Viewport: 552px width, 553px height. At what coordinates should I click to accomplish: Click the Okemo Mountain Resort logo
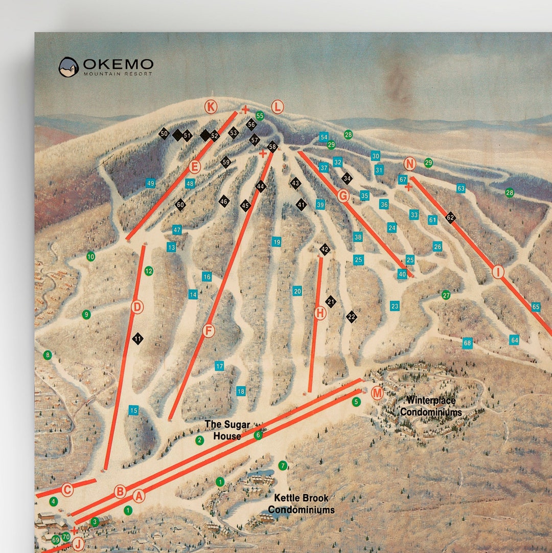(x=106, y=67)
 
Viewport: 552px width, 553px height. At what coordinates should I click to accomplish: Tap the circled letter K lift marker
(x=211, y=106)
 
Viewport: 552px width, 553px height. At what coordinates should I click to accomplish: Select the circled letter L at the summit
(x=277, y=107)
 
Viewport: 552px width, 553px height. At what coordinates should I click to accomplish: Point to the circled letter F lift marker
(x=209, y=330)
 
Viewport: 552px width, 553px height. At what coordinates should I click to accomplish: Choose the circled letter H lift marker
(x=320, y=313)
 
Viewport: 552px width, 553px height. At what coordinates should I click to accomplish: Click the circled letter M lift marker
(x=377, y=393)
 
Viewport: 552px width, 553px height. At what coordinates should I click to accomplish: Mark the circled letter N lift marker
(x=409, y=164)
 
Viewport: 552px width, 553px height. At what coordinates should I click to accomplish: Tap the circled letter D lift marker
(x=137, y=307)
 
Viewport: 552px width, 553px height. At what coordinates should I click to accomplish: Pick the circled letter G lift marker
(x=343, y=195)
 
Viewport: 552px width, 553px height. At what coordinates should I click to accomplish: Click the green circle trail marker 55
(x=260, y=116)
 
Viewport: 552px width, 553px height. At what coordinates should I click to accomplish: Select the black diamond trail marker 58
(x=272, y=147)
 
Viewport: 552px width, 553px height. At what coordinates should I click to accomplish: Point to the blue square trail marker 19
(x=277, y=241)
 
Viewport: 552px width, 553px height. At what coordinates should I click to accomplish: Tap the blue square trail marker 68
(x=467, y=343)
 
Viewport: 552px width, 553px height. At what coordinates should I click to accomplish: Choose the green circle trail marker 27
(x=446, y=295)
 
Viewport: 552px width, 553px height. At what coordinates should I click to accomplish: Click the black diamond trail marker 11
(x=137, y=339)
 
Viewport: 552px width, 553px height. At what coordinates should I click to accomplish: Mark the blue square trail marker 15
(x=133, y=410)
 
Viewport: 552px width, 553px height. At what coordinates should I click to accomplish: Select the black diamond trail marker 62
(x=450, y=217)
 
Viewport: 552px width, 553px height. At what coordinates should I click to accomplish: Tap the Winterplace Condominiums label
(x=431, y=406)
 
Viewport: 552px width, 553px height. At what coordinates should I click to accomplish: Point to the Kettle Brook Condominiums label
(x=301, y=503)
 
